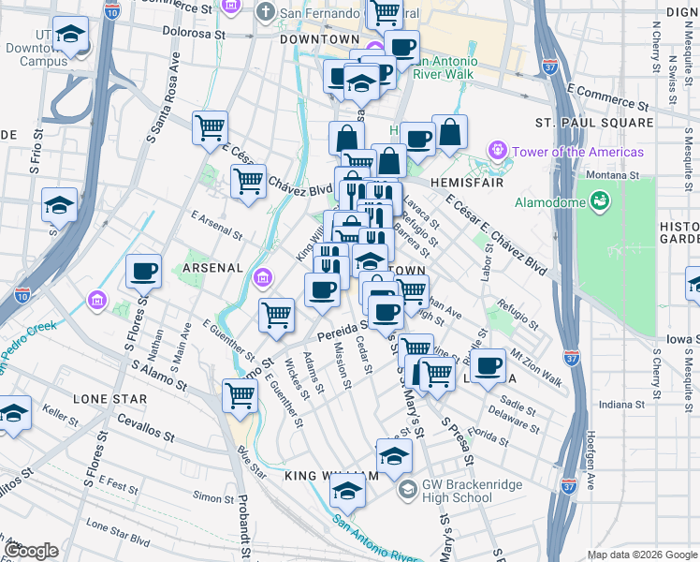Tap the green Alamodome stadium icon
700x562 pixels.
pos(600,200)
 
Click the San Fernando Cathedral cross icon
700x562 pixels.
pos(266,14)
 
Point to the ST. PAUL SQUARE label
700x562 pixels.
pos(594,123)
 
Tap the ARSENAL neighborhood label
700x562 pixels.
pos(212,268)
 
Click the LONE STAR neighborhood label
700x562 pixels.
pos(110,398)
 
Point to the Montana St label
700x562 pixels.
pos(612,175)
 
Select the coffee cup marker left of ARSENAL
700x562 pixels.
pos(143,272)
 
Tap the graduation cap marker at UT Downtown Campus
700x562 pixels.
pos(70,36)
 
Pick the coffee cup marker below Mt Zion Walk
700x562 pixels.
pos(487,365)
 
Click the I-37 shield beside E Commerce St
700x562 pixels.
pos(550,67)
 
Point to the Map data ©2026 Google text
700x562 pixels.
pos(641,554)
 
